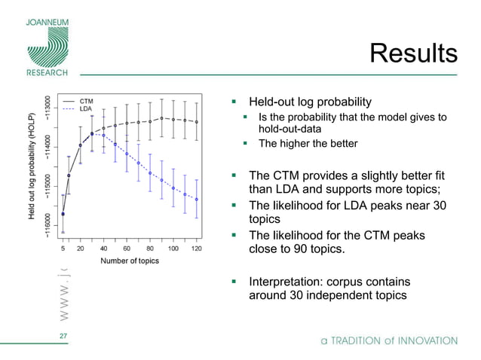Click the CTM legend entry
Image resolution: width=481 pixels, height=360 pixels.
coord(87,100)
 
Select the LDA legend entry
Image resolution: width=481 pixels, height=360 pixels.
coord(86,108)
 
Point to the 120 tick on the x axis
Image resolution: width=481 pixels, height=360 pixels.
coord(196,248)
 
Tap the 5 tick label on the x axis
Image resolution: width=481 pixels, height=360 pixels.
coord(63,248)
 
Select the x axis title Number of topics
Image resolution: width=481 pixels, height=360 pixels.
coord(130,261)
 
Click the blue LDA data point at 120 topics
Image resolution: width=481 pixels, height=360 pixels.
coord(196,200)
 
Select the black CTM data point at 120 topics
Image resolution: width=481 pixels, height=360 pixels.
coord(196,121)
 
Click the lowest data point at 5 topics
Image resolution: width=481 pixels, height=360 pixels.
coord(63,214)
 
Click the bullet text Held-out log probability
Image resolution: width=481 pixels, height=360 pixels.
coord(310,102)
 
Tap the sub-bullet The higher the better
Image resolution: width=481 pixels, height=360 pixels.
coord(308,143)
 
